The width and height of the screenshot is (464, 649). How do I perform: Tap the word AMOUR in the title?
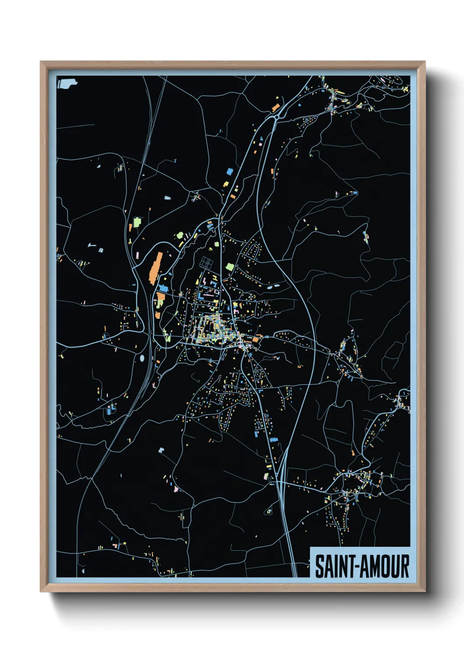coord(385,567)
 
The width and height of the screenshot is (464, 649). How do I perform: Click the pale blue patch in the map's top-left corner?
coord(67,83)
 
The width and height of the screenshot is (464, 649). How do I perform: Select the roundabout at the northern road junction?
coord(276,117)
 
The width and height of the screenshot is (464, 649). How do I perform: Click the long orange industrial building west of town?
coord(155,267)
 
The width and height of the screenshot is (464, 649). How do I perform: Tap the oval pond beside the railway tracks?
coord(142,358)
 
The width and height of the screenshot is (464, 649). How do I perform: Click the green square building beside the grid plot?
coord(230,267)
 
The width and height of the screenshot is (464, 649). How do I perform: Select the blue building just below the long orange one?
coord(163,289)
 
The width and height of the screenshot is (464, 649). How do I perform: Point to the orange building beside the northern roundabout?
coord(275,107)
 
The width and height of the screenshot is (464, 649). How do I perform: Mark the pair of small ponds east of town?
coord(274,286)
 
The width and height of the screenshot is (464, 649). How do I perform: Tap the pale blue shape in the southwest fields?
coord(161,450)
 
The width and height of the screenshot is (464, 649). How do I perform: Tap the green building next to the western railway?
coord(137,222)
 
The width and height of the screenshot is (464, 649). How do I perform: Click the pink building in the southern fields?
coord(176,489)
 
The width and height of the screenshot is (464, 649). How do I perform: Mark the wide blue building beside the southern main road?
coord(274,439)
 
